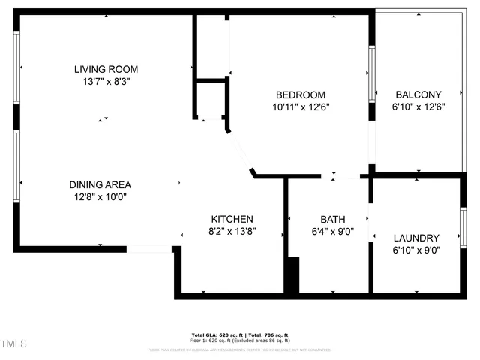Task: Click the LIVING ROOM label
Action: point(106,69)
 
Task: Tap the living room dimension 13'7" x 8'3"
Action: point(106,81)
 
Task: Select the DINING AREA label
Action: point(100,184)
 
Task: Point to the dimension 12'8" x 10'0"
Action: point(100,197)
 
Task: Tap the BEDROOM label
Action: point(301,94)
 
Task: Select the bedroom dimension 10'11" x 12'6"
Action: point(301,106)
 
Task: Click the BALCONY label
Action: point(418,94)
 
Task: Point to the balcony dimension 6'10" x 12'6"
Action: point(418,106)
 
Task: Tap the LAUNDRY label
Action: point(416,238)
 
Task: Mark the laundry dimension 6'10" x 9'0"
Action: point(416,250)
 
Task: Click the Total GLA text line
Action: point(240,334)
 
